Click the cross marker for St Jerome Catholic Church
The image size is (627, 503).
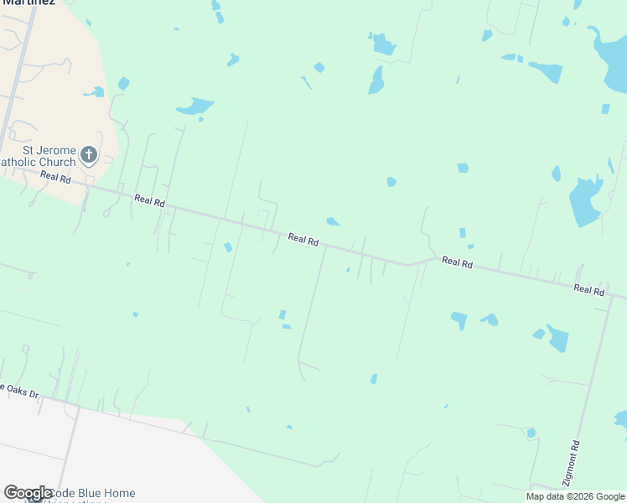click(x=90, y=154)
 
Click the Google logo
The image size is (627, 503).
click(x=28, y=492)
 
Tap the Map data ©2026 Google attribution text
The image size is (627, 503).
click(x=575, y=496)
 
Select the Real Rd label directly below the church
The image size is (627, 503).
click(x=54, y=177)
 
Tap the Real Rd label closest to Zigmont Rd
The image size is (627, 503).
click(x=589, y=289)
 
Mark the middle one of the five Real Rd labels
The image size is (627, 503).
click(x=303, y=239)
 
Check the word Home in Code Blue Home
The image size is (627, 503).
click(x=117, y=494)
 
